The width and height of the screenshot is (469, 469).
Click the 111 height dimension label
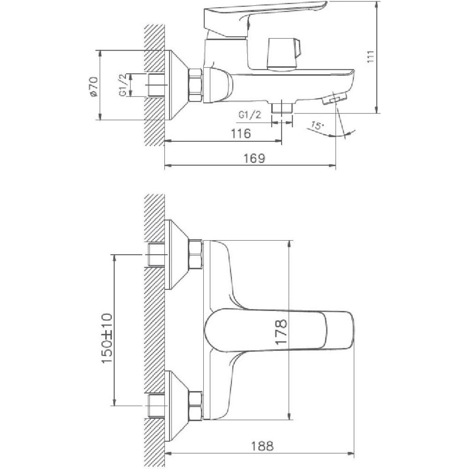371,56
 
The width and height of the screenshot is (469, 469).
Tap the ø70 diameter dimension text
93,86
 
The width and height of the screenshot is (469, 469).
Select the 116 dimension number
241,134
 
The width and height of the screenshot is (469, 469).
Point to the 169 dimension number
254,158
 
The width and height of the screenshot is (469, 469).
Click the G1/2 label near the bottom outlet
250,115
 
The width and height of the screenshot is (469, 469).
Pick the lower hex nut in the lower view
196,405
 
